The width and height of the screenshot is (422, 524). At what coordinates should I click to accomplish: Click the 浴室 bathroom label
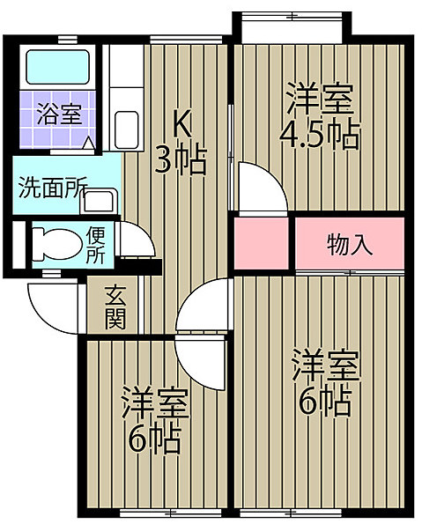(x=59, y=114)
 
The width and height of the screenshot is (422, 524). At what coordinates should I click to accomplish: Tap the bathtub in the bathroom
(x=58, y=67)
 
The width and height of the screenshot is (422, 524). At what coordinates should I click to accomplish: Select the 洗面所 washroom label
(x=53, y=187)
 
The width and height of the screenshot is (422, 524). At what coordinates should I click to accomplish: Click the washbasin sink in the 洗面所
(x=99, y=201)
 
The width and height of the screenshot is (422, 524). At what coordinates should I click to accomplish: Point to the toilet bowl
(x=57, y=244)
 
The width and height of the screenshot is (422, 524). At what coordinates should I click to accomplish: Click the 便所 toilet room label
(x=96, y=246)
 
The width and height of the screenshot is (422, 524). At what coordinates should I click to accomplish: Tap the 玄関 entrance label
(x=115, y=307)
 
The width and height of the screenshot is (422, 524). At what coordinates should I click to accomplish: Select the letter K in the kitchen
(x=182, y=124)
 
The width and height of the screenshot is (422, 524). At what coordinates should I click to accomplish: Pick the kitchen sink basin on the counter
(x=126, y=130)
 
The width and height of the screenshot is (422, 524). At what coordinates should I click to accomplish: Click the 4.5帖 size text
(x=320, y=136)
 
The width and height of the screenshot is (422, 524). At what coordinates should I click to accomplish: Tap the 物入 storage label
(x=350, y=245)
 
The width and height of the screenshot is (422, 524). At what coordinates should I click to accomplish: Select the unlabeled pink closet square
(x=261, y=243)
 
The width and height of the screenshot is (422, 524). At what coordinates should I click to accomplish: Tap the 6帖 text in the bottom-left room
(x=155, y=440)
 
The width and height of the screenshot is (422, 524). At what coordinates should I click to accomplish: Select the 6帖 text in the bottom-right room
(x=324, y=402)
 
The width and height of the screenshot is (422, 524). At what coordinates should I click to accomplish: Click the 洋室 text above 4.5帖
(x=319, y=99)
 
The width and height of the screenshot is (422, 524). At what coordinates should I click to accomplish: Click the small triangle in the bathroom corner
(x=89, y=143)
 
